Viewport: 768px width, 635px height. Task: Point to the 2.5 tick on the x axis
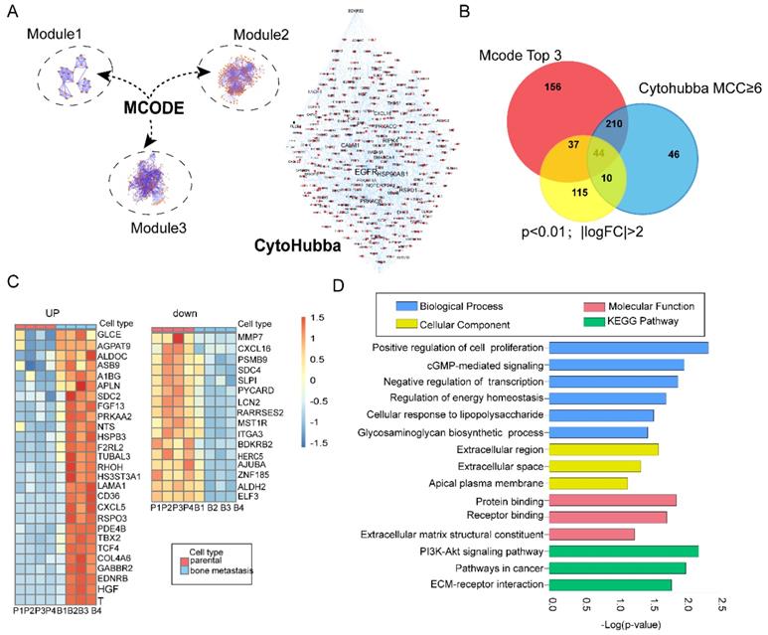point(722,603)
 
